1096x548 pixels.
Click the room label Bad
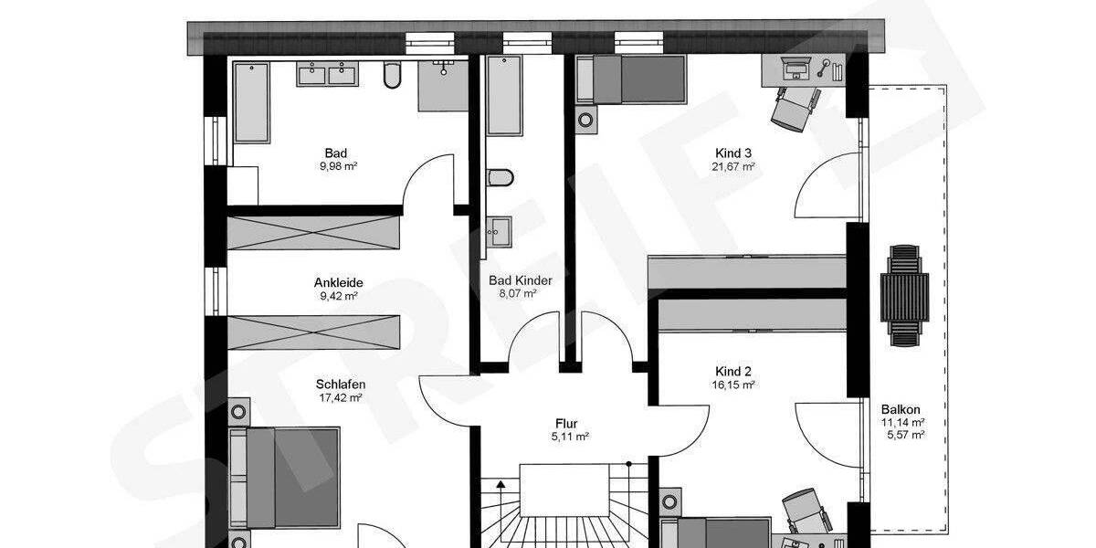coord(335,153)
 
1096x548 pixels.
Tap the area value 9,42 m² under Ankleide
coord(335,296)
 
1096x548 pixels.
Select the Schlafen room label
coord(340,385)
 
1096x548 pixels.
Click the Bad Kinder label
coord(521,280)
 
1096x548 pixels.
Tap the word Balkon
coord(901,409)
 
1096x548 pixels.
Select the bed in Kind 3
coord(630,78)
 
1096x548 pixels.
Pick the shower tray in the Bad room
coord(442,86)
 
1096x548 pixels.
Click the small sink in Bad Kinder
coord(499,230)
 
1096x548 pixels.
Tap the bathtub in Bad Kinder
coord(502,95)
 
